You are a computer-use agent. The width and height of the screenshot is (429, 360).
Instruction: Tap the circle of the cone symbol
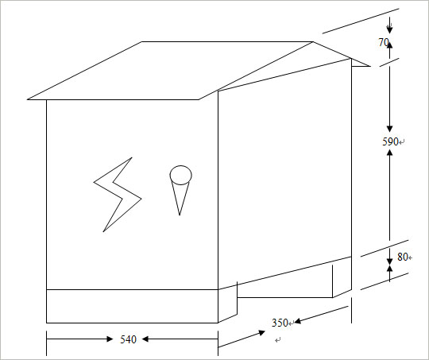(180, 166)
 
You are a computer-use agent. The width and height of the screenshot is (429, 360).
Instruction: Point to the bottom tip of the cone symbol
(180, 215)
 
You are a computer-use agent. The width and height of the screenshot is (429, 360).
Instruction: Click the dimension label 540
(128, 339)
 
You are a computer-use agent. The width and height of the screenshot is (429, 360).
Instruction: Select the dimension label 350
(280, 323)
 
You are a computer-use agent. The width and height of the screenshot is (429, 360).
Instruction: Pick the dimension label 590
(390, 141)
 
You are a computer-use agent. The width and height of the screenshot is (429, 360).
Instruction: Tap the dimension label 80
(403, 257)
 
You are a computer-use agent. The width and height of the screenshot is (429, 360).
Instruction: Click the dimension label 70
(384, 42)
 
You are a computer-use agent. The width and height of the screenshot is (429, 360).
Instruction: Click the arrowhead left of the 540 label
(110, 339)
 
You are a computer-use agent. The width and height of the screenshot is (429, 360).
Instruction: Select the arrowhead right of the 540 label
(145, 339)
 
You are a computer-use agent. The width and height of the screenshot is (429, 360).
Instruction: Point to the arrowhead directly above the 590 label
(390, 129)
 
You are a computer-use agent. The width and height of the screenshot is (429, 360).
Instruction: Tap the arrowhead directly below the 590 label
(390, 153)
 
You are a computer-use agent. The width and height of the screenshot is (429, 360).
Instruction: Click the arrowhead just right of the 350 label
(298, 321)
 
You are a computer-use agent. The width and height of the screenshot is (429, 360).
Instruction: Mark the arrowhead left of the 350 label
(262, 333)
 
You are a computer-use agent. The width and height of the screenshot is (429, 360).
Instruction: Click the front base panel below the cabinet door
(132, 306)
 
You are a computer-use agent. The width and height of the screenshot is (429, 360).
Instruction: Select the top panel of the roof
(170, 71)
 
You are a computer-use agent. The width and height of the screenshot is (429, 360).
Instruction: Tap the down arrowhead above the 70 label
(390, 30)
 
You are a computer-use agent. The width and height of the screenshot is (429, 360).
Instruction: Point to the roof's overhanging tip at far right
(370, 66)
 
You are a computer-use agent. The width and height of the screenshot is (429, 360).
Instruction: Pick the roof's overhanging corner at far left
(28, 99)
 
